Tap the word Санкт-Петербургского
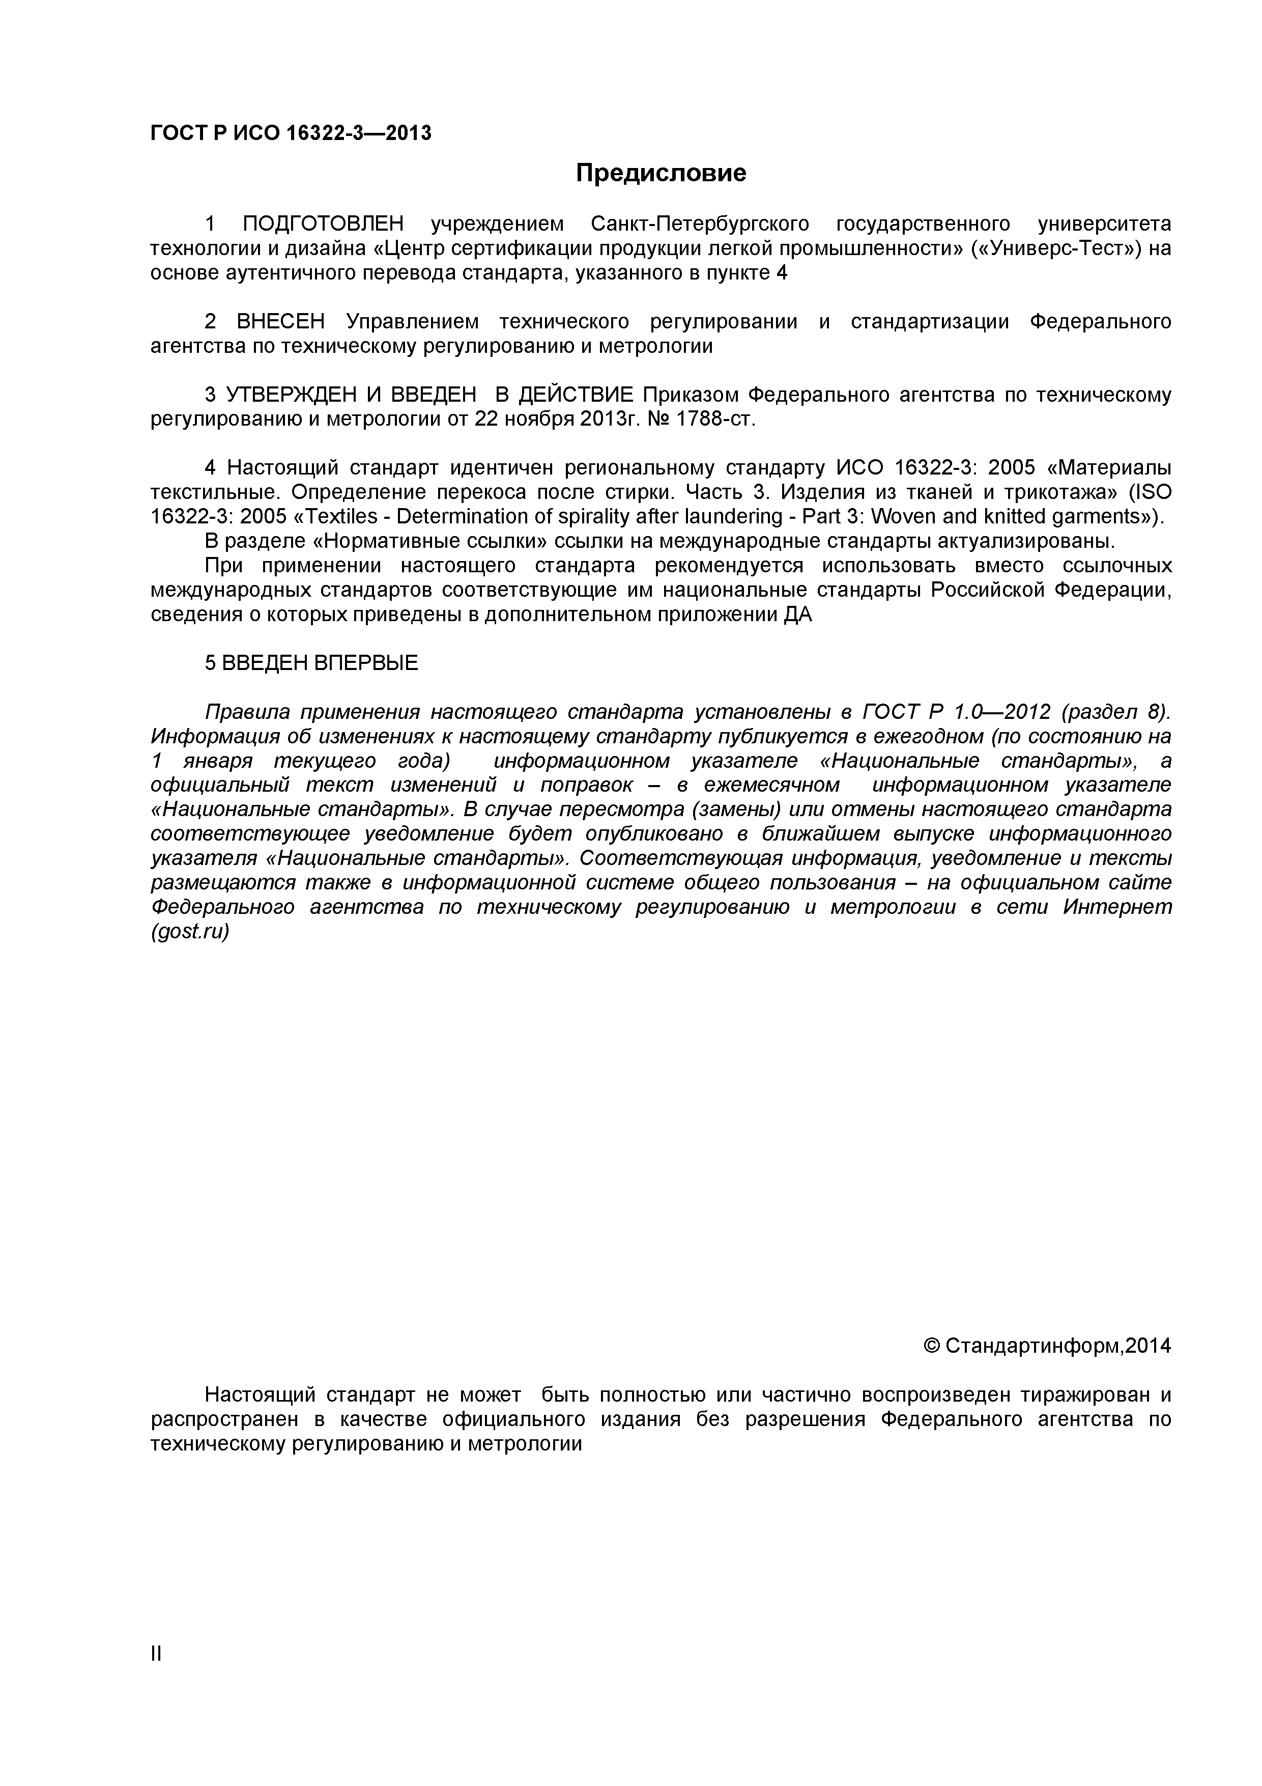click(x=699, y=224)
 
